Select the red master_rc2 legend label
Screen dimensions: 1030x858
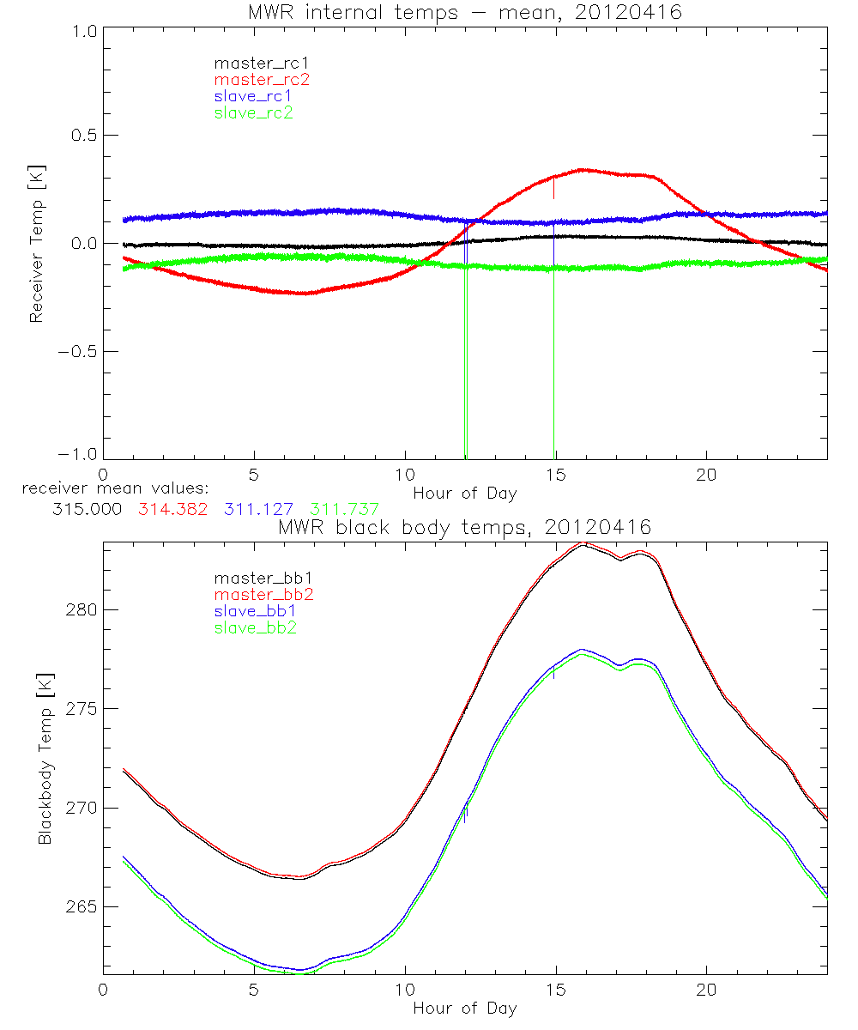point(261,79)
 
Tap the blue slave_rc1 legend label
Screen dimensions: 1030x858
point(253,95)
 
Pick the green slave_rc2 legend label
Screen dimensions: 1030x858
point(253,112)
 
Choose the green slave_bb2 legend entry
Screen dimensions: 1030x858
point(257,628)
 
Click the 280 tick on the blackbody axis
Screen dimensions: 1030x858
point(79,609)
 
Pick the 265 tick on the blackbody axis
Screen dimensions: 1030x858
point(79,906)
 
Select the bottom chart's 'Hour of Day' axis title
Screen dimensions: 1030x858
point(464,1008)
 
